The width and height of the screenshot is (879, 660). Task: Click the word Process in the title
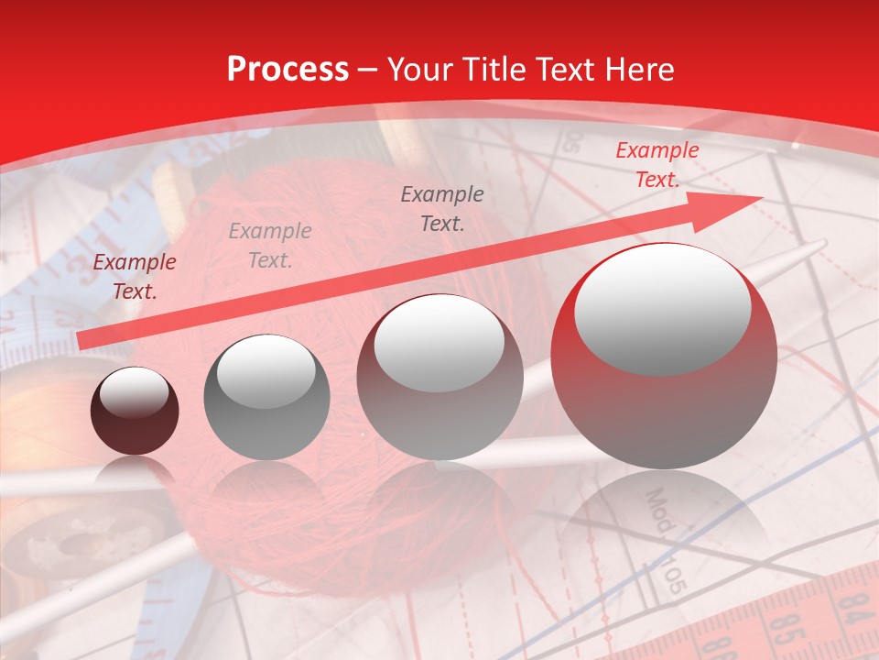pos(288,70)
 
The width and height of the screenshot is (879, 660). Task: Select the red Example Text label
pos(657,165)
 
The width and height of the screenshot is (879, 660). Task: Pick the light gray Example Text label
pos(270,246)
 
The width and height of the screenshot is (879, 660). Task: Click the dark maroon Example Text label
pos(135,277)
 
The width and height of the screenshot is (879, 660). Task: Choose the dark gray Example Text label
pos(442,208)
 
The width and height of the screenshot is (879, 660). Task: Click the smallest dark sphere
pos(135,412)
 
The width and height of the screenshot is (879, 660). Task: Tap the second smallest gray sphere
pos(266,397)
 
